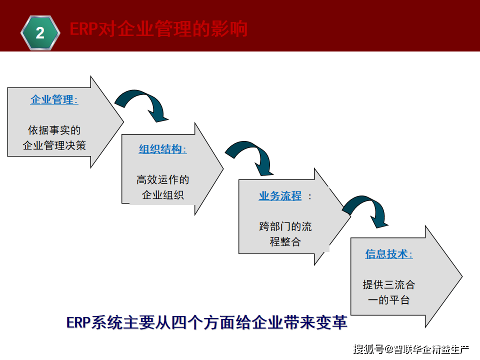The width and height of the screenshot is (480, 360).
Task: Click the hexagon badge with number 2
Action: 40,33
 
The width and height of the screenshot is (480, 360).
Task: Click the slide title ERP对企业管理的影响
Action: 158,29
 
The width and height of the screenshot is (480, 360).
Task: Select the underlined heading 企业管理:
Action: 54,99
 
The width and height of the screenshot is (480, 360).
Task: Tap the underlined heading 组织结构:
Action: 162,149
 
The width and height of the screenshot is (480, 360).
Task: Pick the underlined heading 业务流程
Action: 280,196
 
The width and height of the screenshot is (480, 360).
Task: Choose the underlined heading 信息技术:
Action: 388,254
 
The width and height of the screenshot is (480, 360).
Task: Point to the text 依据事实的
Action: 54,130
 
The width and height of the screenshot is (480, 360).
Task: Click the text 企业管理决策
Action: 54,145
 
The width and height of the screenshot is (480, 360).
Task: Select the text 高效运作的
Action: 162,180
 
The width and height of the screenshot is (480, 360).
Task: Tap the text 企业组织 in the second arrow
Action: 162,195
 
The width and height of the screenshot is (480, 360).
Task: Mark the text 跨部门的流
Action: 285,226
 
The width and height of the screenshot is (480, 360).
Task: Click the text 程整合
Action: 285,241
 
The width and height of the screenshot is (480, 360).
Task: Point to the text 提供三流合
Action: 388,285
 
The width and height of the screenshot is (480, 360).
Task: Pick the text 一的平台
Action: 388,300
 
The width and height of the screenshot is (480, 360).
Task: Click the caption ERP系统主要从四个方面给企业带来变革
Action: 206,322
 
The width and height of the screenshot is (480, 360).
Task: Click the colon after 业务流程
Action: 310,196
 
